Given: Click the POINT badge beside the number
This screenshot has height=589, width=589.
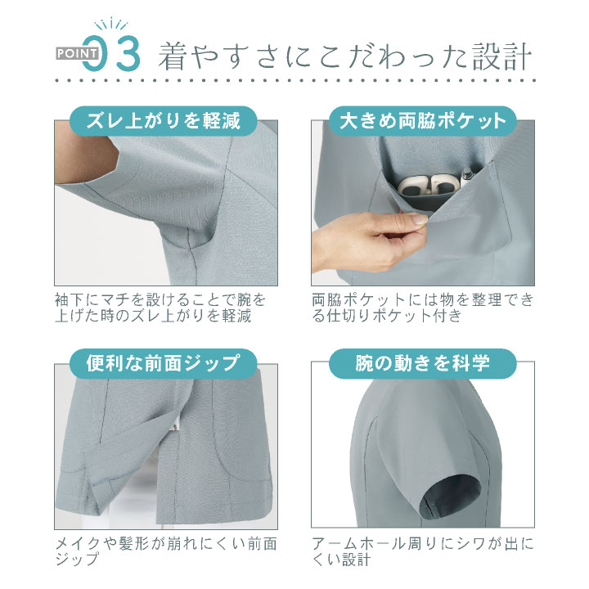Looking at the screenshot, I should [79, 54].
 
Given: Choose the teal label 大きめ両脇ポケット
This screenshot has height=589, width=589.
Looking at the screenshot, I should [423, 121].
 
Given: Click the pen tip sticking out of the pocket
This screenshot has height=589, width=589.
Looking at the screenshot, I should [467, 173].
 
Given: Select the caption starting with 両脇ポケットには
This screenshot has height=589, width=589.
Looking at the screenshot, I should [423, 307].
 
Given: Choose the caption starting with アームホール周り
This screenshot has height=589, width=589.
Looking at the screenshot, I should [423, 551].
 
